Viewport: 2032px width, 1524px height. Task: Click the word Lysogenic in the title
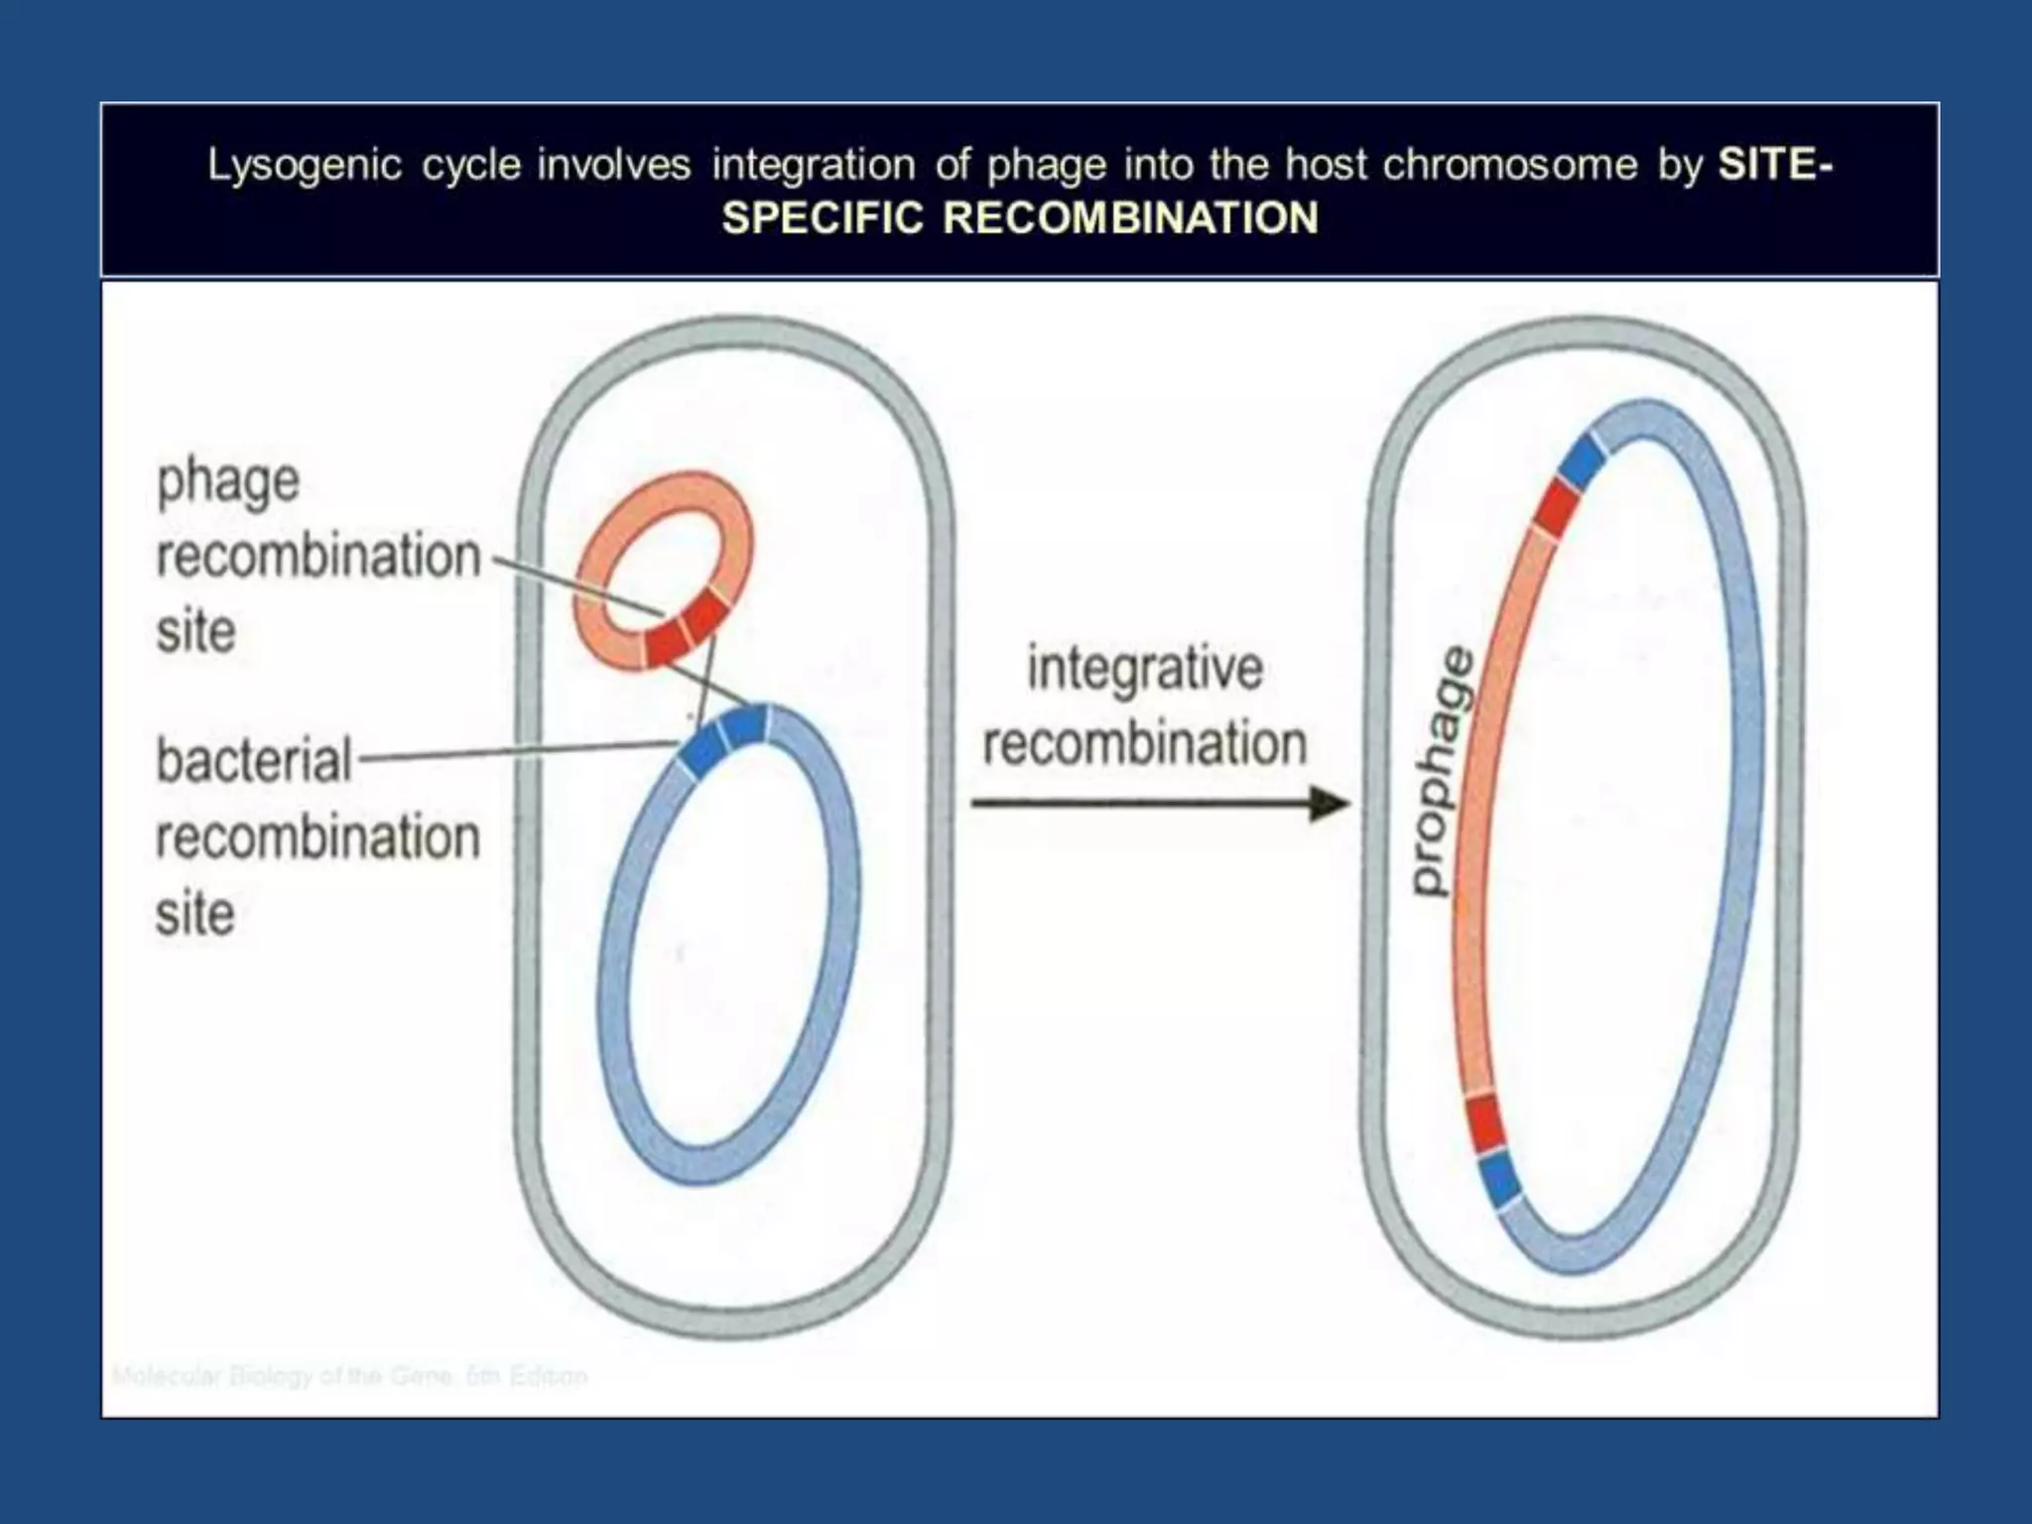[x=304, y=166]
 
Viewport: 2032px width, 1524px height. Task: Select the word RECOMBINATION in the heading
[x=1130, y=218]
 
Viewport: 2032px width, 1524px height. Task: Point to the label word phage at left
[x=228, y=484]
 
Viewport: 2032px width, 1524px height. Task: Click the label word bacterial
[x=254, y=762]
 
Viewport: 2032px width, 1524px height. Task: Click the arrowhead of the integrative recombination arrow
[x=1330, y=803]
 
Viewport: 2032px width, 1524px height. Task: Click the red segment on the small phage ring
[x=685, y=631]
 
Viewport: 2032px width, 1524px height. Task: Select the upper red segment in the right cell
[x=1555, y=509]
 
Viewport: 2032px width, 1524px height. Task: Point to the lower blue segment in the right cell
[x=1500, y=1181]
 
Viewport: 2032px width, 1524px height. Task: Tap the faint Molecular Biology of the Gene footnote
[x=349, y=1376]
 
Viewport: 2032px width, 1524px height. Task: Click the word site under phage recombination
[x=195, y=632]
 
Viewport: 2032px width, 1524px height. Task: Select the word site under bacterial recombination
[x=195, y=914]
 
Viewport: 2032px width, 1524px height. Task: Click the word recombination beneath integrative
[x=1144, y=744]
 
